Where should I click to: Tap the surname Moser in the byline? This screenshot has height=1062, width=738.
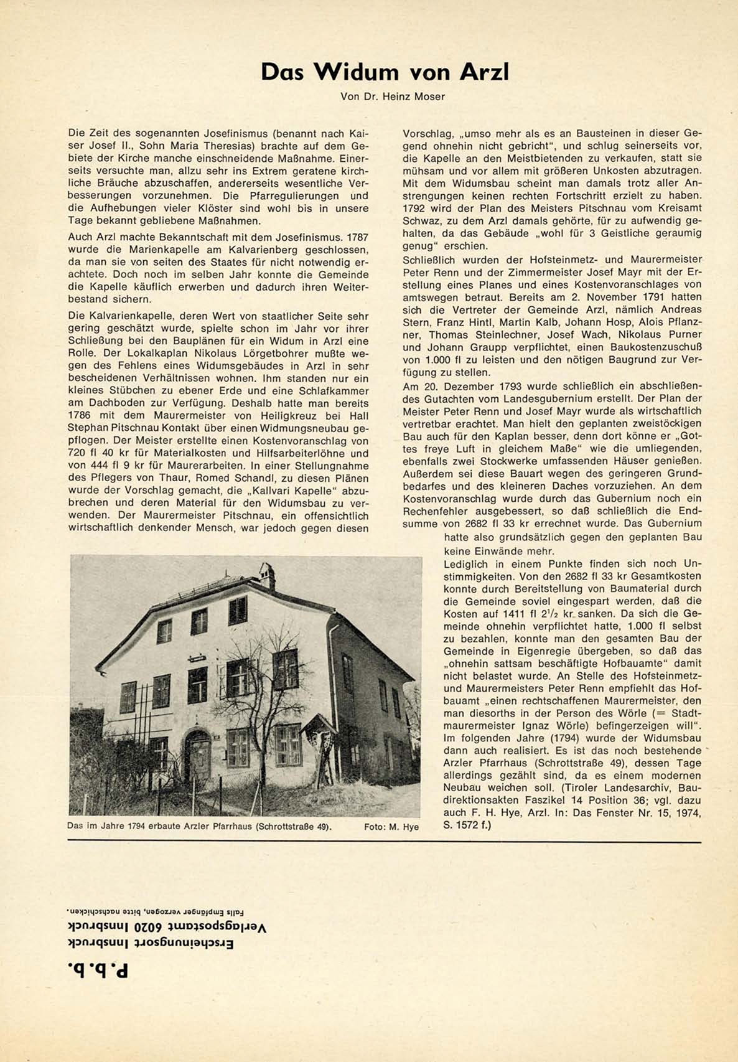coord(431,96)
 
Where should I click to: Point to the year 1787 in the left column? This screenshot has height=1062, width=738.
coord(357,237)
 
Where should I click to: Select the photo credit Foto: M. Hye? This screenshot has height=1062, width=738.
coord(391,827)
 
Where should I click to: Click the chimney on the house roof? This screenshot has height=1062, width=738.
coord(268,574)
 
